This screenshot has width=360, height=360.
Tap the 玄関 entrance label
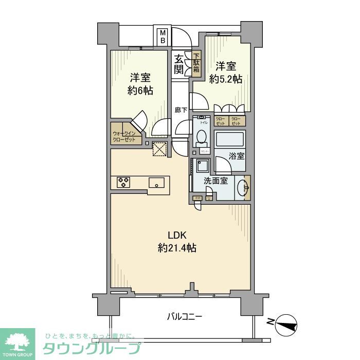click(x=179, y=64)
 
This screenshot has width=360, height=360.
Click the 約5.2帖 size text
click(x=226, y=79)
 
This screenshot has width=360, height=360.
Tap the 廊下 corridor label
click(x=180, y=110)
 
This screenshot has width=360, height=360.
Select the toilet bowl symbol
click(x=201, y=137)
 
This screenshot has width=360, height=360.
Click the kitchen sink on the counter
click(x=157, y=182)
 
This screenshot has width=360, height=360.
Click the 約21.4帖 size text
click(x=177, y=248)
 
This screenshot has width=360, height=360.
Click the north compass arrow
click(x=287, y=325)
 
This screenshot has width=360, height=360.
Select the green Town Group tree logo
click(x=17, y=342)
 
